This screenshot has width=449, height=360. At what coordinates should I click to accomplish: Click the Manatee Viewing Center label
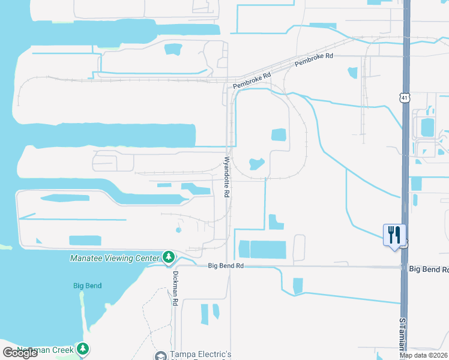click(115, 258)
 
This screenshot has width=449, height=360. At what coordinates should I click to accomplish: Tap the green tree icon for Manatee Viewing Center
click(169, 257)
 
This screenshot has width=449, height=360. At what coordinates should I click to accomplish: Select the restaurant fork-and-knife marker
click(394, 235)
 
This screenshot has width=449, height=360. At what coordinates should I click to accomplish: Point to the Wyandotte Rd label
click(227, 177)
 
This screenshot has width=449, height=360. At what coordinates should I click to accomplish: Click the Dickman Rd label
click(176, 289)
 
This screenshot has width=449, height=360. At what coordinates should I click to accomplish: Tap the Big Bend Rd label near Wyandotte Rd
click(226, 265)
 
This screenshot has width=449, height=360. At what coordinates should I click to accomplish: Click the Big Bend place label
click(87, 286)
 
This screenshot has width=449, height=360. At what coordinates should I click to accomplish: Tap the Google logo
click(20, 352)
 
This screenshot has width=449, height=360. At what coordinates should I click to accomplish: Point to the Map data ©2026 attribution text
click(424, 355)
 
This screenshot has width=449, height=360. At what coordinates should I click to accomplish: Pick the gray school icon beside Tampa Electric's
click(160, 356)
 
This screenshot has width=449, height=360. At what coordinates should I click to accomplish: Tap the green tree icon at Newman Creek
click(83, 349)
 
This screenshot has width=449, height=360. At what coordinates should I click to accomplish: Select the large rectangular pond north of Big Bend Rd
click(268, 250)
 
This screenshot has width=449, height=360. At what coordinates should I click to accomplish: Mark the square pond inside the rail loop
click(279, 135)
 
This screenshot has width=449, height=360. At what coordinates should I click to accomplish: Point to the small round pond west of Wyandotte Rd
click(178, 230)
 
